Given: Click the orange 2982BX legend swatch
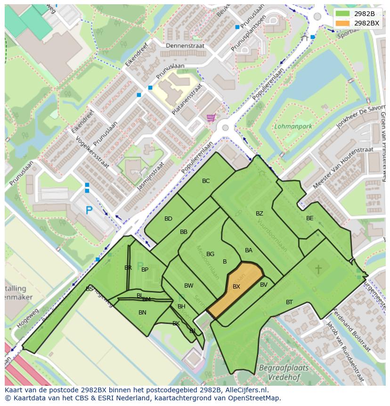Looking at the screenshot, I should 343,23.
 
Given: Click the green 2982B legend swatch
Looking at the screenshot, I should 343,13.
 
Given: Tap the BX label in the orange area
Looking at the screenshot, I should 236,286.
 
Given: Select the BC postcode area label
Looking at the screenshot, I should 206,181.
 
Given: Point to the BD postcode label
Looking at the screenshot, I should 168,218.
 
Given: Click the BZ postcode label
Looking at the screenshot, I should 260,214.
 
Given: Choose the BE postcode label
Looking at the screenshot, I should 309,218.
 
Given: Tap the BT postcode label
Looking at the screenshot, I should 289,302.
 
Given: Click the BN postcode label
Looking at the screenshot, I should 142,312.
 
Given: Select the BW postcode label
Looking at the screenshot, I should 189,285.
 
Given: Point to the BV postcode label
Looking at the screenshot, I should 264,284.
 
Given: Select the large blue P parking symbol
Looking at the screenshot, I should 89,210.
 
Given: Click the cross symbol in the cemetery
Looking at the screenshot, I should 318,269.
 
